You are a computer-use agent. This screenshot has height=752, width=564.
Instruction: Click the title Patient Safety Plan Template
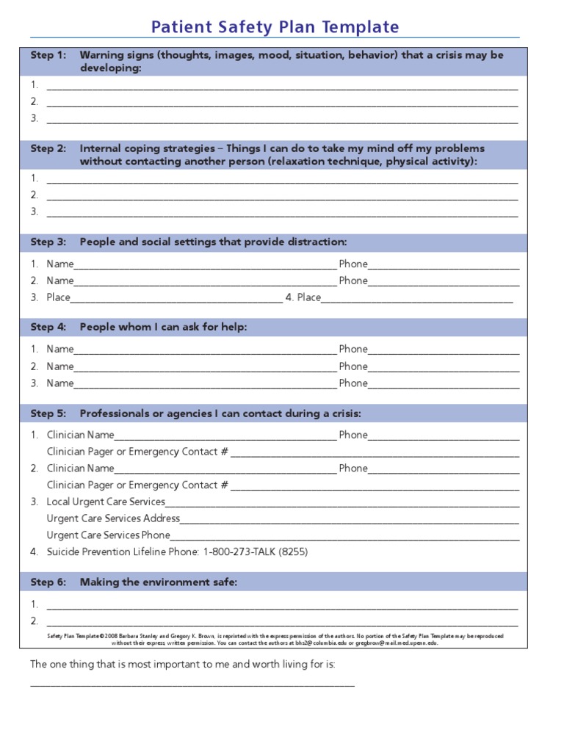[275, 27]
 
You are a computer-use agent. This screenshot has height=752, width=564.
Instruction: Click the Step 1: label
[48, 55]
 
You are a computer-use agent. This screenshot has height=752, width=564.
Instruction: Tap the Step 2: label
[48, 148]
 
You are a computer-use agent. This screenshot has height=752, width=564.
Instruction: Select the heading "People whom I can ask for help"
[163, 328]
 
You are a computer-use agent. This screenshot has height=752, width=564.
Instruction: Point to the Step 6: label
[48, 582]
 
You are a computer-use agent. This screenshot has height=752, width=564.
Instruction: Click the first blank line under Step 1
[282, 87]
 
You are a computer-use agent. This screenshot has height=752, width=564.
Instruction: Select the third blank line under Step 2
[282, 214]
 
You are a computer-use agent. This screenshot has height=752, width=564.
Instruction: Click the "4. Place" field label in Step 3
[303, 297]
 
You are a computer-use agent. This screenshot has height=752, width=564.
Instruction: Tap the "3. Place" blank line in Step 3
[176, 300]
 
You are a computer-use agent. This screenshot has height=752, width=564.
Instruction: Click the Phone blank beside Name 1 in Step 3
[444, 267]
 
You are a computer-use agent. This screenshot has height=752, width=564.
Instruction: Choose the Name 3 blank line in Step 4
[205, 386]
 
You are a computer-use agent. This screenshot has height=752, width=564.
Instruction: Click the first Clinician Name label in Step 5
[81, 435]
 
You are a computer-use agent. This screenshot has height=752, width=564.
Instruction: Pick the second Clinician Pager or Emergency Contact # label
[137, 485]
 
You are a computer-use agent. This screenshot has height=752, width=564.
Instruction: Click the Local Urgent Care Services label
[106, 502]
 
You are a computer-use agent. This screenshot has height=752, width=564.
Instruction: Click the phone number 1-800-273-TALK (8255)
[255, 552]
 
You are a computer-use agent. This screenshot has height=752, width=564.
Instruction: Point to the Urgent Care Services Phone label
[108, 535]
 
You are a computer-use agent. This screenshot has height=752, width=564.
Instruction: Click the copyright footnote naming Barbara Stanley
[275, 639]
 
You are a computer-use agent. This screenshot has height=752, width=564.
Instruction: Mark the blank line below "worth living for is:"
[192, 684]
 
